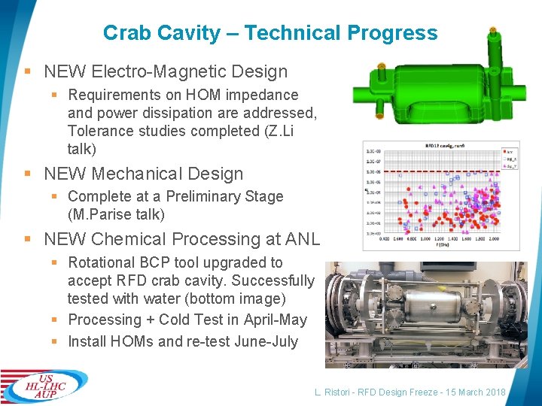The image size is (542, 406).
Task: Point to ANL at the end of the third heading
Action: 303,239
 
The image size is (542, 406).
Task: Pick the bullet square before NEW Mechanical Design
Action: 27,174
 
